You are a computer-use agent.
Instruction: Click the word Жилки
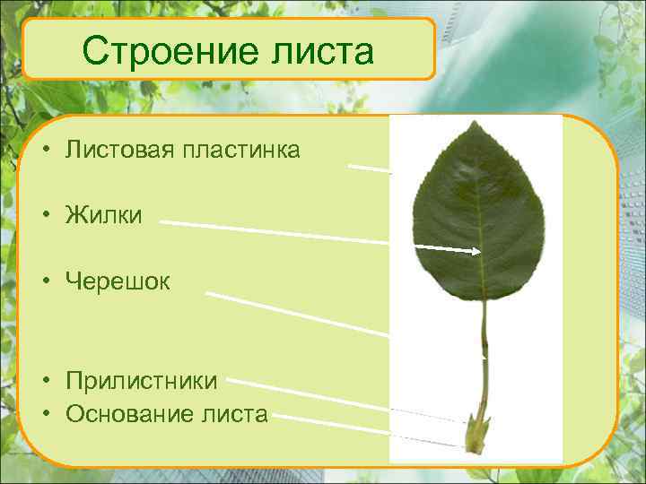tap(103, 215)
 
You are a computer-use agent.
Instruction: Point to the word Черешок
tap(118, 281)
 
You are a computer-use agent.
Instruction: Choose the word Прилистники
tap(141, 381)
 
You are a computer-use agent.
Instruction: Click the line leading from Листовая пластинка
tap(370, 168)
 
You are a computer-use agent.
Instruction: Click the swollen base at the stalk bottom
tap(475, 438)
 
